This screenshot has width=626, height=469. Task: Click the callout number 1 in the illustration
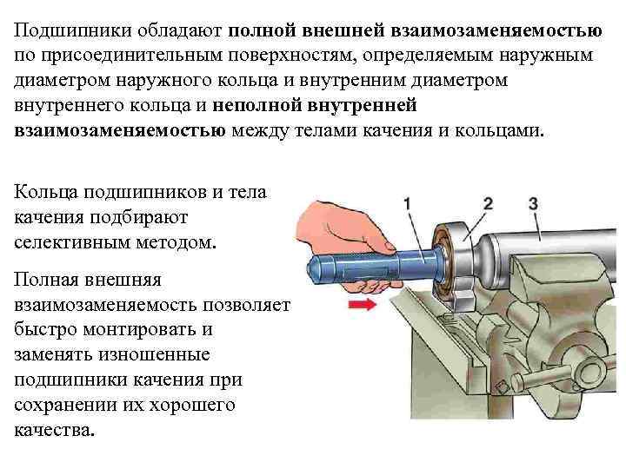(406, 203)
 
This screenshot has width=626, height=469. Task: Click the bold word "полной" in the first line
(262, 30)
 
